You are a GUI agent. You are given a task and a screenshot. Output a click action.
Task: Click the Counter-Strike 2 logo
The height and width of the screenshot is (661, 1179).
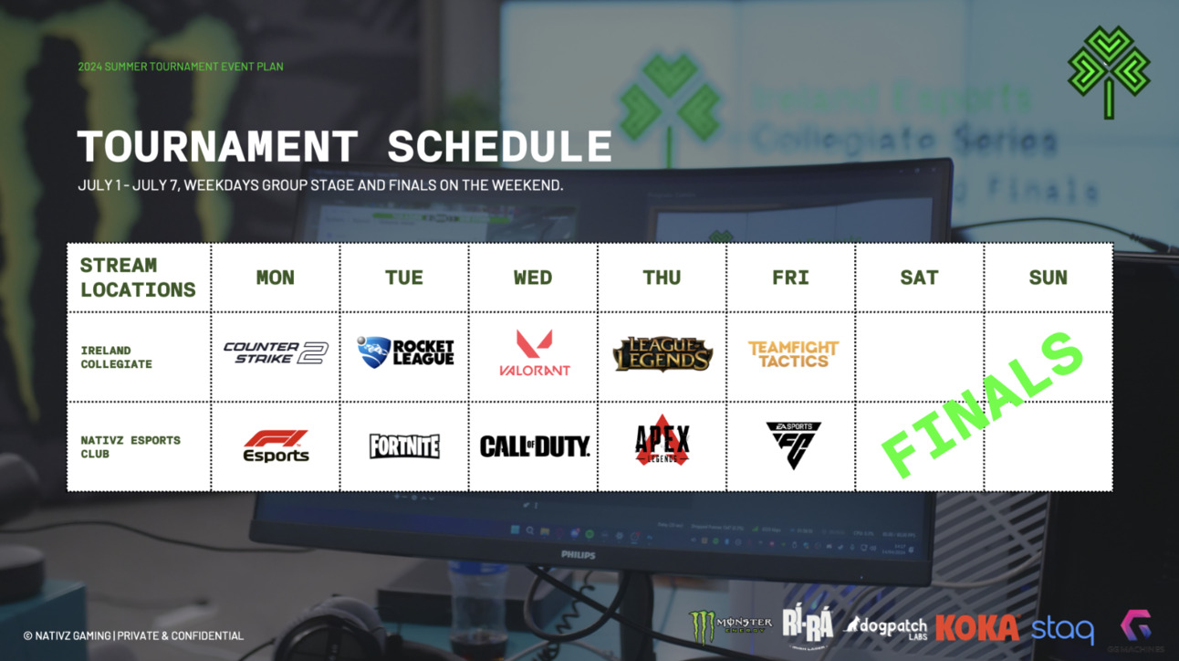pos(275,353)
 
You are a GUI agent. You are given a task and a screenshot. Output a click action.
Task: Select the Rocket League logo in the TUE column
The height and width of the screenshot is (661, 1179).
pos(405,352)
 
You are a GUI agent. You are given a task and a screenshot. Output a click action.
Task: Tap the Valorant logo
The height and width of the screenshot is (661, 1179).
pos(535,354)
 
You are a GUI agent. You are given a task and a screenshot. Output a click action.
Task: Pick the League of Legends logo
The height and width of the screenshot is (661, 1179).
pos(663,354)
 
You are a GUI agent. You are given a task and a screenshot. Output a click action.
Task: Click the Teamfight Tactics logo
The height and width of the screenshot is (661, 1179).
pos(792,354)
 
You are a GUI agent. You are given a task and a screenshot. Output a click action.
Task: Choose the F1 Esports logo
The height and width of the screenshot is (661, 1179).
pos(276,446)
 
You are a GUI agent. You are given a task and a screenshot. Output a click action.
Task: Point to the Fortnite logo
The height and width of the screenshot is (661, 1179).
pos(404,446)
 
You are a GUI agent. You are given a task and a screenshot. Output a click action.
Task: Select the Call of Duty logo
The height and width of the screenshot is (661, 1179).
pos(535,446)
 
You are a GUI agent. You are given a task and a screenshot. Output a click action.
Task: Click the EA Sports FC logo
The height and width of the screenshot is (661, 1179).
pos(793,445)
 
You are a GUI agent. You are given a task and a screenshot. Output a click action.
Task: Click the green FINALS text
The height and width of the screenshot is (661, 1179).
pos(984,406)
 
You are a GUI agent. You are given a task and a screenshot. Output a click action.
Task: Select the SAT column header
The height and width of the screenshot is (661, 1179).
pos(919,278)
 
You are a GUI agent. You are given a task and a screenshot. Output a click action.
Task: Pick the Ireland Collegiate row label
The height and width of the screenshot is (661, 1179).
pos(116,357)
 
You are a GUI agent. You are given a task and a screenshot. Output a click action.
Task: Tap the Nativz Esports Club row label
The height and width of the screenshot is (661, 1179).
pos(130,446)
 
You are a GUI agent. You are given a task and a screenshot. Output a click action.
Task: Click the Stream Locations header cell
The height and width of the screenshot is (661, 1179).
pos(137,278)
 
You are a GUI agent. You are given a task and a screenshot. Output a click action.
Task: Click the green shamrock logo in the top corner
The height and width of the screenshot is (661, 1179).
pos(1109,72)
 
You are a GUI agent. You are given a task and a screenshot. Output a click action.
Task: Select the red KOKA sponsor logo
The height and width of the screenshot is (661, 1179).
pos(976,628)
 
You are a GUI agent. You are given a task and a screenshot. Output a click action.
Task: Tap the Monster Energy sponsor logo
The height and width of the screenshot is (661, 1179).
pos(730,626)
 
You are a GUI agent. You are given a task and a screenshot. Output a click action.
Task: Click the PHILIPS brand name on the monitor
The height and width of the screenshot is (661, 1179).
pos(578,555)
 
